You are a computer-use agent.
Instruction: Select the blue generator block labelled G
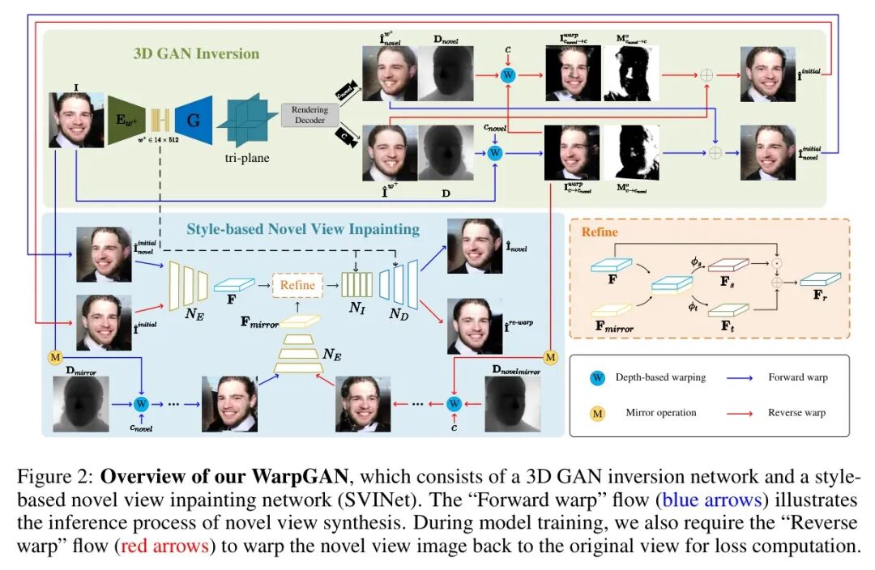point(193,120)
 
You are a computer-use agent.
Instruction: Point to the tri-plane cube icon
point(246,120)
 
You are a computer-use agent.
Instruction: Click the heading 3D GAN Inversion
point(196,54)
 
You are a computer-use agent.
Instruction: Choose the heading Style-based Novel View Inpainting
point(303,229)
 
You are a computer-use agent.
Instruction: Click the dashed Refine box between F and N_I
point(297,285)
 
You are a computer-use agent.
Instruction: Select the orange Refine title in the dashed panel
point(600,232)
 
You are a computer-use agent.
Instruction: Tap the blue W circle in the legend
point(598,376)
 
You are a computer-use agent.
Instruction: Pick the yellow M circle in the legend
point(598,412)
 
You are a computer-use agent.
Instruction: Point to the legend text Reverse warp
point(797,412)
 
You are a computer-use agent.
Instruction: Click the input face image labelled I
point(76,120)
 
